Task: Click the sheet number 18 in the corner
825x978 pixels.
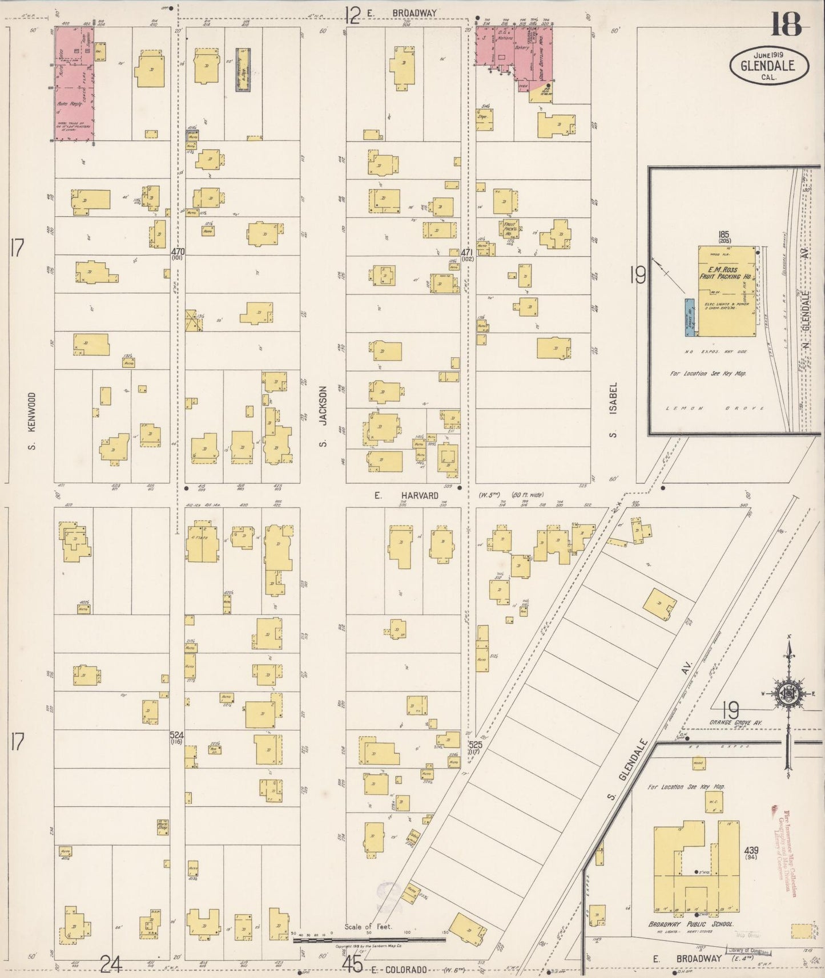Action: (x=787, y=25)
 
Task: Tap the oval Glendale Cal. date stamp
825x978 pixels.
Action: (x=769, y=66)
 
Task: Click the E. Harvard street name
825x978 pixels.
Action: (x=406, y=495)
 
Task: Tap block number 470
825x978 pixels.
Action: (x=177, y=251)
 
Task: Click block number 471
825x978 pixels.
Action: (x=466, y=252)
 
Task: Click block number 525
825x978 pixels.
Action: (x=474, y=746)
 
